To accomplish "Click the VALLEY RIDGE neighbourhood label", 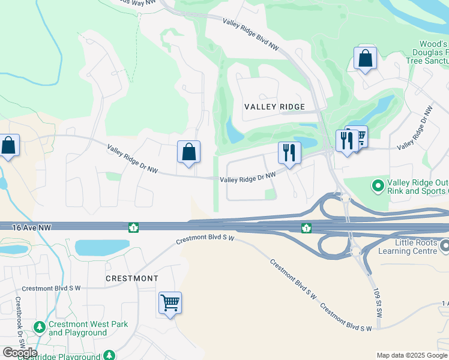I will [x=275, y=107].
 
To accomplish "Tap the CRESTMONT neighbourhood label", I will [x=131, y=278].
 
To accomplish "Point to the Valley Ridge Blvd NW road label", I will [x=251, y=34].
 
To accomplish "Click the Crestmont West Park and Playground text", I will [x=88, y=329].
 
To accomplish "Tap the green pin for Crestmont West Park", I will [x=40, y=328].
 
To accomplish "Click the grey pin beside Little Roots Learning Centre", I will [x=445, y=246].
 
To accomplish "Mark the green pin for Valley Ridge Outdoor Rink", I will [x=378, y=187].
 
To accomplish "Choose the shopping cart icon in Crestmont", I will [x=170, y=302].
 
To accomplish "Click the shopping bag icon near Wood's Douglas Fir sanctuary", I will [x=365, y=59].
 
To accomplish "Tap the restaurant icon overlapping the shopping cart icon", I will [x=346, y=141].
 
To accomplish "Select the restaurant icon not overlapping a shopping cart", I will [x=289, y=153].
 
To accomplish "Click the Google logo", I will [x=20, y=353].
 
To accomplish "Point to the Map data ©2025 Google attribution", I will [x=412, y=355].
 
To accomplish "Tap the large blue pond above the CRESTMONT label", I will [x=101, y=247].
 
